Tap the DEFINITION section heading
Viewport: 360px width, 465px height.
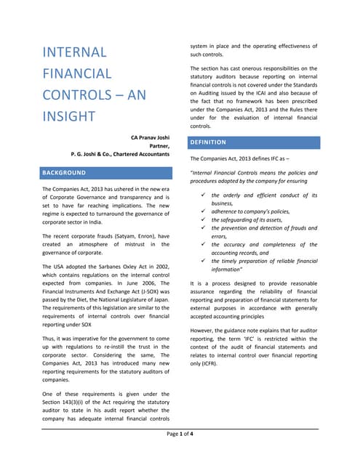[x=209, y=142]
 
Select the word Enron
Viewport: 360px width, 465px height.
[x=161, y=237]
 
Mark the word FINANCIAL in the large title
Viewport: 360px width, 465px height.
[x=77, y=73]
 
